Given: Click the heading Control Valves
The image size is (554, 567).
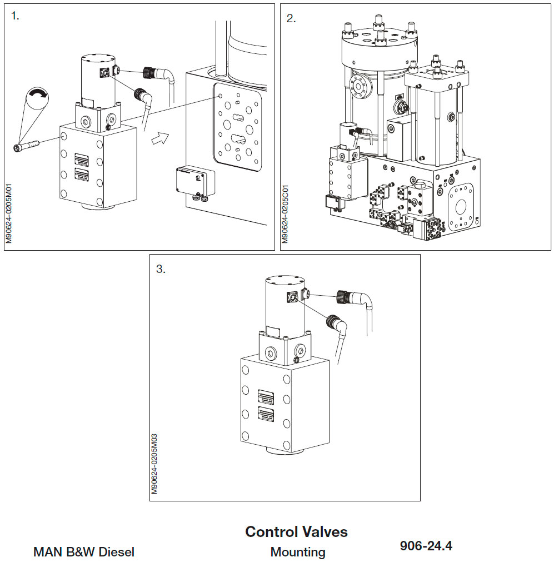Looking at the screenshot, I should point(296,532).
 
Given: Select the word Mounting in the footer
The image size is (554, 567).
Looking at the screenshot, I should point(298,553).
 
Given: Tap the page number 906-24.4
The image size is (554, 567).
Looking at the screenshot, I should point(426,546).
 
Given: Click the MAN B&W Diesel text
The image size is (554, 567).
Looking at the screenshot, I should point(84,553).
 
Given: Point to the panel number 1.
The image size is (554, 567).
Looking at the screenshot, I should point(15,16).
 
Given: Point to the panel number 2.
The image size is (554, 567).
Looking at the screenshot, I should point(291,18).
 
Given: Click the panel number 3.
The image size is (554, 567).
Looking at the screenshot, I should point(161,269).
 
